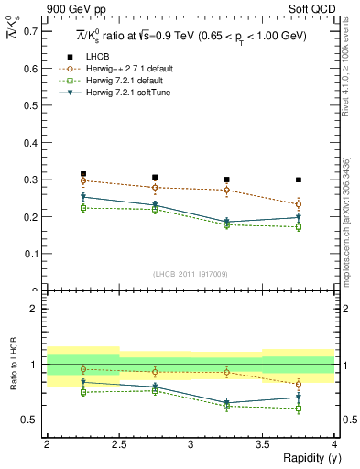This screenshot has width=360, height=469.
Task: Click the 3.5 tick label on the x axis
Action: coord(262,443)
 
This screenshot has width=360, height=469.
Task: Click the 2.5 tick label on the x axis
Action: coord(119,443)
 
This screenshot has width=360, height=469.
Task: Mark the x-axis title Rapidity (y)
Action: coord(306,458)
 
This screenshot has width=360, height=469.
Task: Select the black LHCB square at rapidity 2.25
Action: coord(83,174)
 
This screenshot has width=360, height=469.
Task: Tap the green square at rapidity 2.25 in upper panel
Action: coord(83,208)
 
